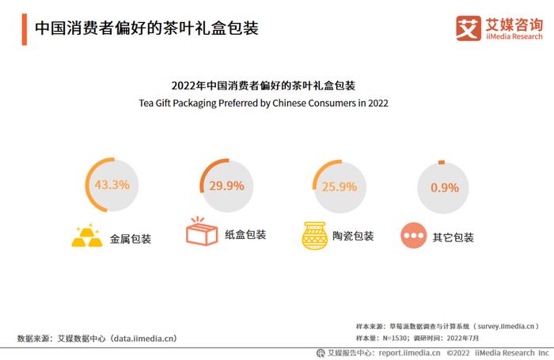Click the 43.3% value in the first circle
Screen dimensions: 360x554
(x=112, y=185)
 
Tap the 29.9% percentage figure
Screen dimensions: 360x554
(x=226, y=187)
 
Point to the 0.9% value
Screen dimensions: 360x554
(x=444, y=188)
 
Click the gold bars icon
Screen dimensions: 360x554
(x=87, y=236)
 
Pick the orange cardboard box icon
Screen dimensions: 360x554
(x=201, y=233)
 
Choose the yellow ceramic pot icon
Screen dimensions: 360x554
(x=314, y=235)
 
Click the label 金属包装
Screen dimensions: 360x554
(x=130, y=237)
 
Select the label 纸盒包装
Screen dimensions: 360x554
(x=245, y=235)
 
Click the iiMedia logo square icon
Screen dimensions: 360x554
(x=469, y=28)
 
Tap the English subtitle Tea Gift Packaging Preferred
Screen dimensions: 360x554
(x=264, y=103)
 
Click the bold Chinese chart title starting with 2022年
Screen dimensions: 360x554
(x=263, y=85)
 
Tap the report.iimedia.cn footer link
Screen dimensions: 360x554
(x=408, y=353)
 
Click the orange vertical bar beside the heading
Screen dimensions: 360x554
(x=25, y=28)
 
